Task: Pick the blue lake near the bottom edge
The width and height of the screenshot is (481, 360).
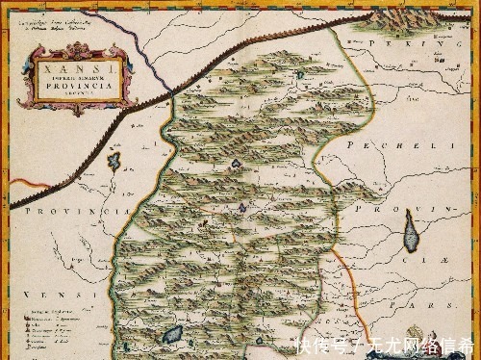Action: [174, 336]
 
